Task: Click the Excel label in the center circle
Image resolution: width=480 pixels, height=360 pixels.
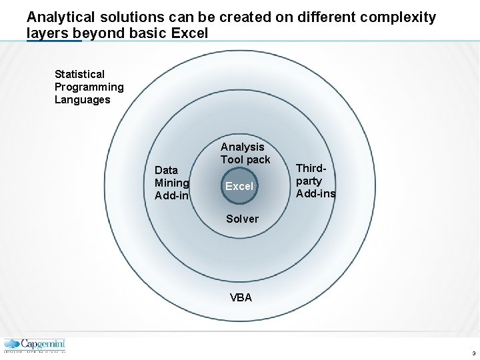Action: [239, 187]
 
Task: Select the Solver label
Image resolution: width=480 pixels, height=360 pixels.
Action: [242, 219]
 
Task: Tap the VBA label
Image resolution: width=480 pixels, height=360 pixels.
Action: [241, 298]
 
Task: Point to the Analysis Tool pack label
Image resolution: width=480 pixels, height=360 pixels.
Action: [245, 153]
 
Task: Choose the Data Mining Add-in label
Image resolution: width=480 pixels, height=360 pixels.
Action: [171, 183]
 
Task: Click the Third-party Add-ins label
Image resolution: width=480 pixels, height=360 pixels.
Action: [315, 181]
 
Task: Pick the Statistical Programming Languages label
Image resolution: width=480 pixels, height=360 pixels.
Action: [89, 87]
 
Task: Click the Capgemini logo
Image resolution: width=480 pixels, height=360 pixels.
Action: [35, 345]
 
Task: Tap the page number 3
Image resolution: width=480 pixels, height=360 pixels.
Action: [473, 353]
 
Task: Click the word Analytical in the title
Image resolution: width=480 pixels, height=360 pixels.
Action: [63, 17]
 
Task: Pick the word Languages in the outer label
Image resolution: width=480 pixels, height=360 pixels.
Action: [83, 100]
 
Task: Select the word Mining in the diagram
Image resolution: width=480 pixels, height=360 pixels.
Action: [172, 183]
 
